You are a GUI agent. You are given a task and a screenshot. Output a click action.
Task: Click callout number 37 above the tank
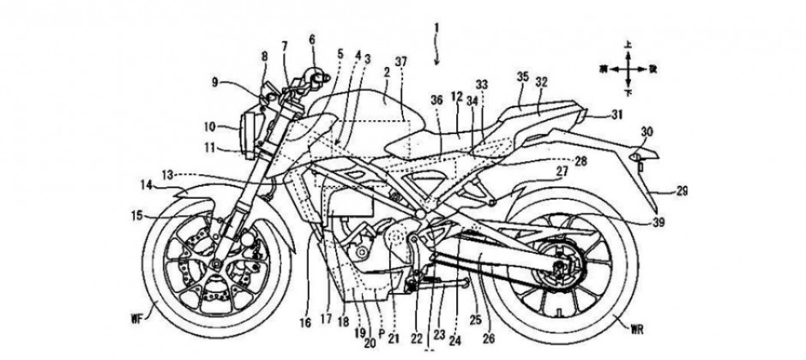point(400,63)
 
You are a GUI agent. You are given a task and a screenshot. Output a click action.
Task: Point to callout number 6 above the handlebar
point(312,39)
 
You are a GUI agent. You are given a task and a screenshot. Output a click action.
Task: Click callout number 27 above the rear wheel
point(561,171)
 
